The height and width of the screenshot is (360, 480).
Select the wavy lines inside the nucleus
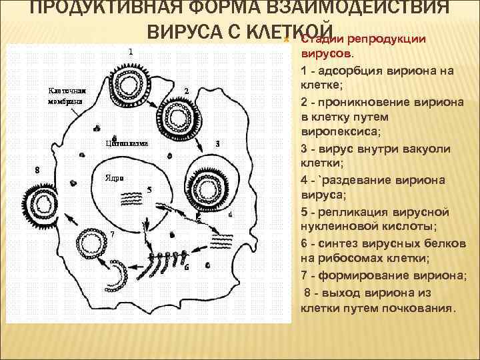coord(133,199)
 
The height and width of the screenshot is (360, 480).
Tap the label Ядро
coord(114,178)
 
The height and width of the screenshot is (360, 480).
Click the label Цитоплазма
coord(127,142)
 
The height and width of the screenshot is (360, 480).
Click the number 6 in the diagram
coord(186,267)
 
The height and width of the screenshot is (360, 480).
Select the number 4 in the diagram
coord(230,215)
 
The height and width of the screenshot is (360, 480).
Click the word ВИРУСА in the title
coord(187,32)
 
